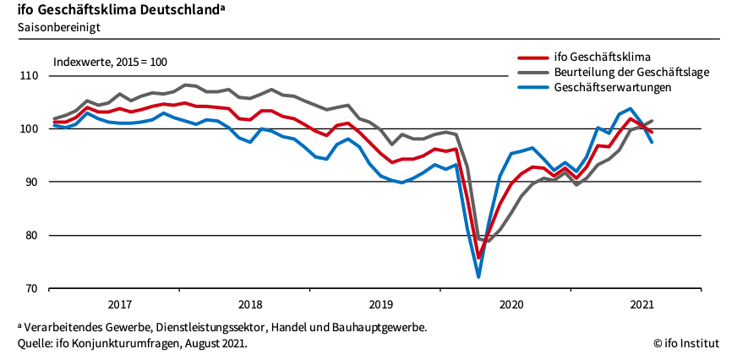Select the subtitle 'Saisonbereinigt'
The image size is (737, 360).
tap(56, 28)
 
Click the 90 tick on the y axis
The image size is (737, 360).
tap(31, 183)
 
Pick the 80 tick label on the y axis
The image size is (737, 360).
tap(31, 236)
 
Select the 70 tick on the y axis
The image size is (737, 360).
tap(31, 289)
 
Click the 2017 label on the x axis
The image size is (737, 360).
tap(119, 304)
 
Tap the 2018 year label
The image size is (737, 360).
tap(250, 304)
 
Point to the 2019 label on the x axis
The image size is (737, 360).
tap(381, 304)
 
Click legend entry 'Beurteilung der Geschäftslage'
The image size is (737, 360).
tap(631, 73)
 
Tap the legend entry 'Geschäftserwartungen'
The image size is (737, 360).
tap(613, 87)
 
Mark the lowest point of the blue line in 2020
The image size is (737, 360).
tap(478, 276)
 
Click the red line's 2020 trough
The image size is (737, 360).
tap(478, 259)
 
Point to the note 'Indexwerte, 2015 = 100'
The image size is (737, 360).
tap(110, 63)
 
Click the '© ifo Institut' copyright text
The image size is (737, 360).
tap(685, 343)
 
